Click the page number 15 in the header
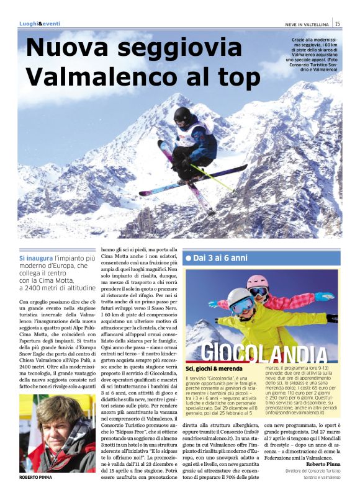pos(337,24)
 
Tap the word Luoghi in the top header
pos(28,24)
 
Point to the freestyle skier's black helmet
pos(182,115)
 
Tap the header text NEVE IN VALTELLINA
pos(305,24)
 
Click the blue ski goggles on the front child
pos(243,305)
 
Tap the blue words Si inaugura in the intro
pos(38,257)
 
